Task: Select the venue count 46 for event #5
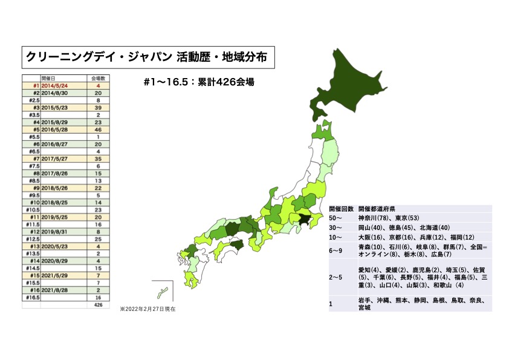pyautogui.click(x=98, y=129)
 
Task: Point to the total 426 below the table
pyautogui.click(x=97, y=305)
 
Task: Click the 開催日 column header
pyautogui.click(x=49, y=78)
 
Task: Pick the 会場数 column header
pyautogui.click(x=98, y=78)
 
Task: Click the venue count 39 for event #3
pyautogui.click(x=98, y=107)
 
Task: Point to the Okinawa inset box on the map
pyautogui.click(x=162, y=293)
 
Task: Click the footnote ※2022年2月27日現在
pyautogui.click(x=148, y=309)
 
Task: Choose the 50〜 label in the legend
pyautogui.click(x=336, y=217)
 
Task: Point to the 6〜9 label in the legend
pyautogui.click(x=336, y=250)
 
